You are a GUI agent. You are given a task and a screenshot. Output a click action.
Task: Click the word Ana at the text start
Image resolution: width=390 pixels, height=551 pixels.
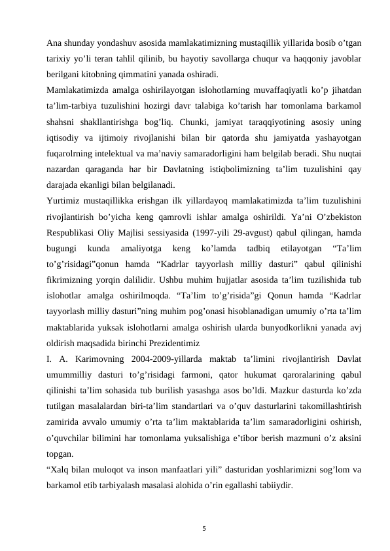(55, 44)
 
